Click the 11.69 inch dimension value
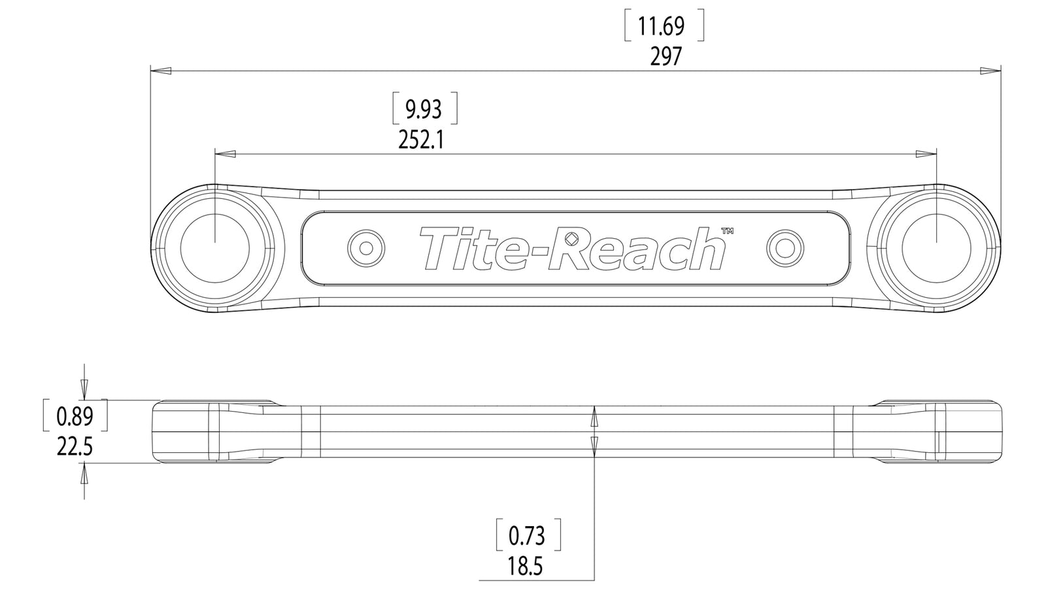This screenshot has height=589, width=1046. (661, 27)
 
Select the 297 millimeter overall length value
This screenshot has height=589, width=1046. (666, 57)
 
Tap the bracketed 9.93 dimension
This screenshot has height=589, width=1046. (424, 109)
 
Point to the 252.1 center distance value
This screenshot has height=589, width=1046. (421, 139)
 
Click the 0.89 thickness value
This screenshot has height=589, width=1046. (75, 416)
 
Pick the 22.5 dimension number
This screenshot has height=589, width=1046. (75, 447)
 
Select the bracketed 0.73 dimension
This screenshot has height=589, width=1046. (526, 536)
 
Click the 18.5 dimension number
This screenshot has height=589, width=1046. (525, 566)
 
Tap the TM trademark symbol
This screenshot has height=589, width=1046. (727, 230)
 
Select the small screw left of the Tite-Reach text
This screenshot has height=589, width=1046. (366, 248)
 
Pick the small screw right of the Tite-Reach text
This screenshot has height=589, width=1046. (785, 248)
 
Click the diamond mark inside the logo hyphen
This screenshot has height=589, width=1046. (571, 238)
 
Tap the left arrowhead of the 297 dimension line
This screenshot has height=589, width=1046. (160, 70)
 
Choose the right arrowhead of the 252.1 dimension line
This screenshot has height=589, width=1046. (926, 154)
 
